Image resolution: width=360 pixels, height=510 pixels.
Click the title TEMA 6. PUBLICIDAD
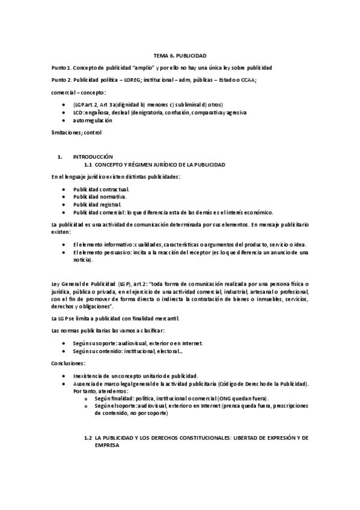pos(180,55)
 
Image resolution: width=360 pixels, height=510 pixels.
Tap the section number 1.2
pos(88,438)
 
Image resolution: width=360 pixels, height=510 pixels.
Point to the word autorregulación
pos(93,120)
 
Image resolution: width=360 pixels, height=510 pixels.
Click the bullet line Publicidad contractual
pos(100,189)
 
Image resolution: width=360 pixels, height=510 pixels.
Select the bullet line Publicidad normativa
pos(100,197)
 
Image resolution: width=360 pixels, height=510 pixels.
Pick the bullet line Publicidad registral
pos(97,204)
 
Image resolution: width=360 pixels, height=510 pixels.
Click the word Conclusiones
pos(69,364)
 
